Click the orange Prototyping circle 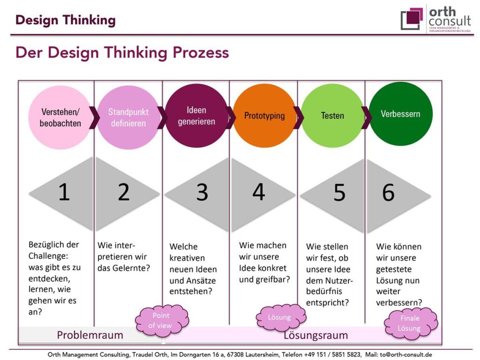[264, 116]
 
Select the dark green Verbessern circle [401, 113]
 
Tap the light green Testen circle [332, 116]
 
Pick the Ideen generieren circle [196, 116]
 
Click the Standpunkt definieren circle [128, 118]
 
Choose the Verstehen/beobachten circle [60, 118]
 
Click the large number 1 [64, 192]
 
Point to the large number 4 [259, 192]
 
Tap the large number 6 [388, 192]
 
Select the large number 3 [202, 192]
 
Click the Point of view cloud [162, 321]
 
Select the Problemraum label [90, 335]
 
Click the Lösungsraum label [316, 335]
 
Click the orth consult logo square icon [412, 18]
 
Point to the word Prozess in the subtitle [201, 52]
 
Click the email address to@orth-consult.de [406, 354]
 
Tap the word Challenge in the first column [48, 256]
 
